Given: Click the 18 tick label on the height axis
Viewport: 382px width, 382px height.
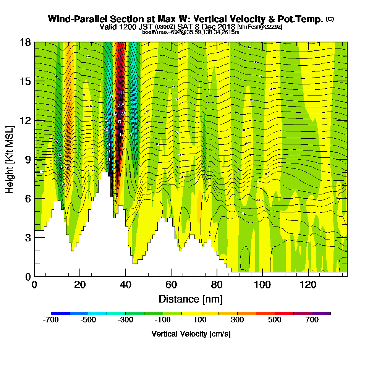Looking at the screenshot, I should [x=25, y=42].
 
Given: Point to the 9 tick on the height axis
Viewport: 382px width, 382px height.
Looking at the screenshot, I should [x=34, y=159].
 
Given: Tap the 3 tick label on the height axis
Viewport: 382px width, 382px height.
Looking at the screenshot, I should [x=28, y=238].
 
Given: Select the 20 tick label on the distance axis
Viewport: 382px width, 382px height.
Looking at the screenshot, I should [x=80, y=285].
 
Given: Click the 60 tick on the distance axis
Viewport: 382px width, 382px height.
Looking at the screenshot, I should [x=171, y=276].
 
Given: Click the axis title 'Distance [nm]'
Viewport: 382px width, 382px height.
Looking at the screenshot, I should [x=191, y=299].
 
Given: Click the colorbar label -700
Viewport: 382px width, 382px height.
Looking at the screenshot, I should [x=51, y=320].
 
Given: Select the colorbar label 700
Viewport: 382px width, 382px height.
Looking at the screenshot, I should [x=312, y=320].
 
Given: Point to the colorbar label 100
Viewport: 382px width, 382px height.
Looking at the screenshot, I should [x=200, y=320].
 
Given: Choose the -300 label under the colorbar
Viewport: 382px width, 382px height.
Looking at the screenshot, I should [x=126, y=320].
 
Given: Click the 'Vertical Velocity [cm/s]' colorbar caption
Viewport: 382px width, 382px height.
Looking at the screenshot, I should [x=191, y=334].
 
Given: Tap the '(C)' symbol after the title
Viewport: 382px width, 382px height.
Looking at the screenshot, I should [x=330, y=19].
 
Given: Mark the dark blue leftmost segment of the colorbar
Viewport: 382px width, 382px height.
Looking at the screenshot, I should [x=60, y=313].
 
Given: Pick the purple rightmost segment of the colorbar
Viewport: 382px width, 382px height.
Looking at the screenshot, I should [x=321, y=313].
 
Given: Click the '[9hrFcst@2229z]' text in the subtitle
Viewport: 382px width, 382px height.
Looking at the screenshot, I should [x=260, y=27].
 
